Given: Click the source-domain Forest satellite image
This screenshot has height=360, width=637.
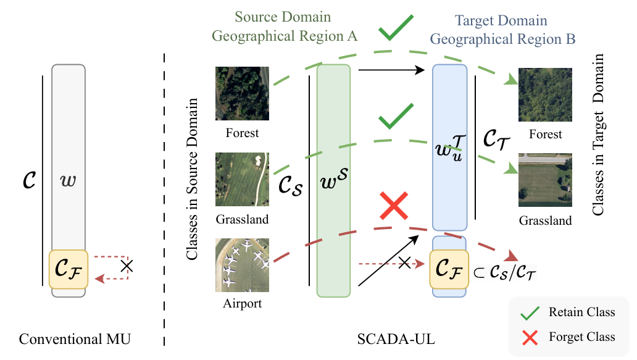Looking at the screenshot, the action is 242,93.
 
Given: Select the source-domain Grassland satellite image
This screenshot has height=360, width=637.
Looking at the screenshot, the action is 242,179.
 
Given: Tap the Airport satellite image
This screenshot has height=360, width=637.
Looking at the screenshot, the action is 242,265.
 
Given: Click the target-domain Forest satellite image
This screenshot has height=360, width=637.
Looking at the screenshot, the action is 545,94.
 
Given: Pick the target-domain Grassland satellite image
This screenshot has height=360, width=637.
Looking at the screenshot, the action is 545,180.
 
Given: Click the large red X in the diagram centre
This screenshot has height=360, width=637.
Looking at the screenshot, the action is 394,206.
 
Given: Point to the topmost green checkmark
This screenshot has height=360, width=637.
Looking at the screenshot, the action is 396,28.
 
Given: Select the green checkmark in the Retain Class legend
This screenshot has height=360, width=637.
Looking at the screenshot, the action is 530,313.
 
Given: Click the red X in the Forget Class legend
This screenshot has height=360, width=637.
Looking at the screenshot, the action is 530,338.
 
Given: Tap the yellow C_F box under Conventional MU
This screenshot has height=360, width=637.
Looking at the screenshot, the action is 69,269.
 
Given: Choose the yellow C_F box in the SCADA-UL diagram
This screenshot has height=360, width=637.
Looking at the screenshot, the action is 449,269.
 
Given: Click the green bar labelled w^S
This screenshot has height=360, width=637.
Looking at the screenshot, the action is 333,181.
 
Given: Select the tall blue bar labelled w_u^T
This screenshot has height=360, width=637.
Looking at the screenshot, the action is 450,148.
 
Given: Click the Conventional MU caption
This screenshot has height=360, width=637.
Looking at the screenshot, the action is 75,339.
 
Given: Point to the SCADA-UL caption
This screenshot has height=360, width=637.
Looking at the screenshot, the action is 396,339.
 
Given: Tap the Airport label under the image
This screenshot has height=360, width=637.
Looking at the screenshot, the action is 242,304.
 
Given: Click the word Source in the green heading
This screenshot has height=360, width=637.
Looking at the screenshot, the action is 254,17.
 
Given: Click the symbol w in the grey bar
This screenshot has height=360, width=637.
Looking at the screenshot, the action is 68,180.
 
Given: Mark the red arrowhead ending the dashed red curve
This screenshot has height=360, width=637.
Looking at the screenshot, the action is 512,256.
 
